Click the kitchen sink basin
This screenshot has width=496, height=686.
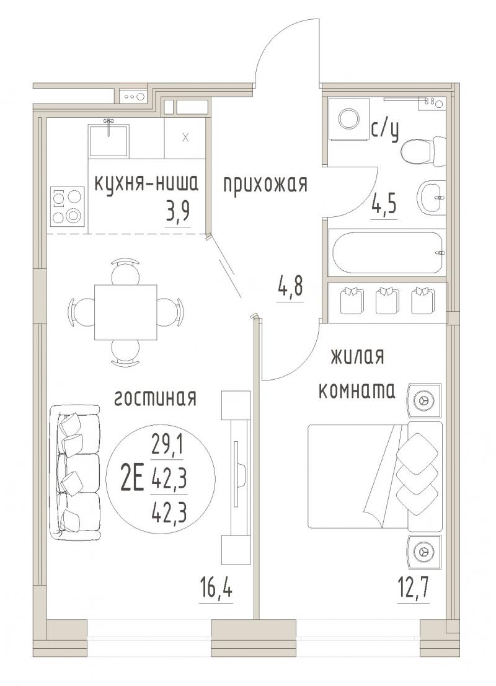click(x=108, y=141)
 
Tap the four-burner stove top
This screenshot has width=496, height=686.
click(x=68, y=206)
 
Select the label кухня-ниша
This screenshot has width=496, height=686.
click(x=146, y=184)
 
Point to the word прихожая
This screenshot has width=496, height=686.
click(x=265, y=184)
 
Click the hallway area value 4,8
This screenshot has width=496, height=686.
click(x=290, y=289)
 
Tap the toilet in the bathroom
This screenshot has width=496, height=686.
click(x=423, y=150)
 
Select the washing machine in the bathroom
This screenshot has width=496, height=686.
click(x=348, y=119)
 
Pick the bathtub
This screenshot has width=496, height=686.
click(x=387, y=253)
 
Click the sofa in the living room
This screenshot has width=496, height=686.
click(x=74, y=472)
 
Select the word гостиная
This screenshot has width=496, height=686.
click(x=155, y=398)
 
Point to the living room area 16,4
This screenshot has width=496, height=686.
click(x=216, y=590)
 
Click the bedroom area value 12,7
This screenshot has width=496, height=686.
click(x=413, y=590)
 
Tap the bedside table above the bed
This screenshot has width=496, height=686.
click(x=425, y=400)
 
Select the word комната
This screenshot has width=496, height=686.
click(x=356, y=390)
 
